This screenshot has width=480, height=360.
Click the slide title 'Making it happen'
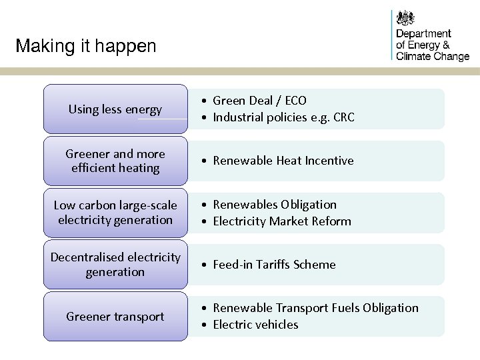coord(86,46)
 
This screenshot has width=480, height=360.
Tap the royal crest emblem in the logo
coord(405,18)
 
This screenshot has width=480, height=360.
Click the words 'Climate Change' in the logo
coord(433,57)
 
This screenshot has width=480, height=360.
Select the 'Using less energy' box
coord(115,109)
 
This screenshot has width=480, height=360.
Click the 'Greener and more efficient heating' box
coord(115,161)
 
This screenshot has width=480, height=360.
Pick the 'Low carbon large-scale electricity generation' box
coord(115,213)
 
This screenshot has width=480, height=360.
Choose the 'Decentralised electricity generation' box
coord(115,265)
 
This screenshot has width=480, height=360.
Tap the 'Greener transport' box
coord(115,317)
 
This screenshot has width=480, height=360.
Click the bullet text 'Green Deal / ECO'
coord(259,101)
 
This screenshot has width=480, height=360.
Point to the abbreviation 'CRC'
coord(344,118)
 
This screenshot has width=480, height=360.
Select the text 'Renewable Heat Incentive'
coord(283,161)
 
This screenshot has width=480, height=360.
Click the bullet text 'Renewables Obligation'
coord(275,205)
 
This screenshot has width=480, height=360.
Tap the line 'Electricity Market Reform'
coord(282,221)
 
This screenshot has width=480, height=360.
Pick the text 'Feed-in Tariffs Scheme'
coord(274,265)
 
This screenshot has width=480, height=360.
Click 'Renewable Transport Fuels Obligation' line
coord(315,308)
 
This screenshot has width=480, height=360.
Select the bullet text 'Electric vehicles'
coord(255,325)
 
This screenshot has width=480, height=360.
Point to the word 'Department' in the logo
coord(423,34)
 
